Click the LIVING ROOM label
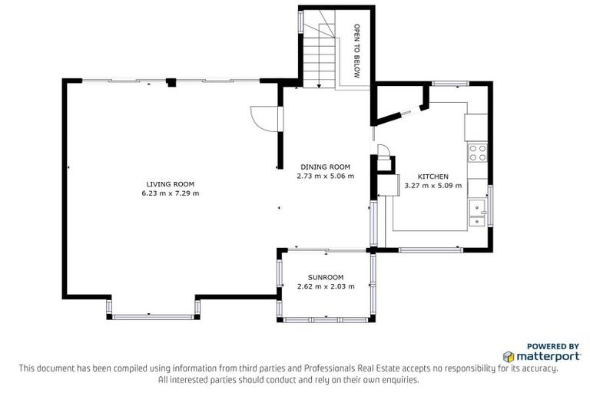coord(170,184)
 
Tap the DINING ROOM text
coord(325,167)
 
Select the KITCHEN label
coord(433,177)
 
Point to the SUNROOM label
coord(325,277)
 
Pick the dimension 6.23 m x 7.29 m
coord(170,193)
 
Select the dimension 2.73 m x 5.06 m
coord(325,176)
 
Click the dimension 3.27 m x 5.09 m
coord(433,185)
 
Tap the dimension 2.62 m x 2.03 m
coord(325,286)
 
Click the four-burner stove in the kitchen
coord(477,152)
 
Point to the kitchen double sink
coord(477,213)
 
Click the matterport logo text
coord(547,357)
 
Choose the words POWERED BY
coord(552,346)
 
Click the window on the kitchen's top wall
coord(445,83)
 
